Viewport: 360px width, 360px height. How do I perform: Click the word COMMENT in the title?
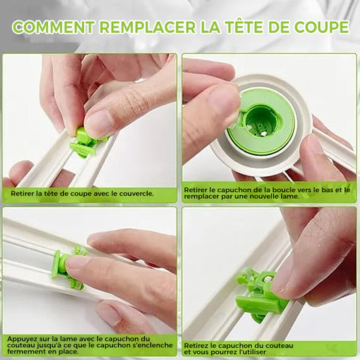(x=53, y=27)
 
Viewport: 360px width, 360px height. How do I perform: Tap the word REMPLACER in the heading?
(x=148, y=27)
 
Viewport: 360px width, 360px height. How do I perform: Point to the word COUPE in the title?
(x=322, y=27)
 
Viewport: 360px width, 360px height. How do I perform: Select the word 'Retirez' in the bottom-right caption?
(x=196, y=346)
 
